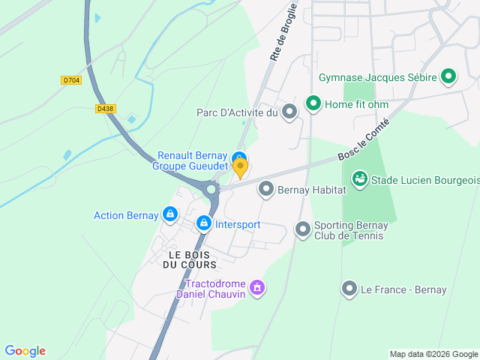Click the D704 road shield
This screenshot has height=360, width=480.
click(x=71, y=79)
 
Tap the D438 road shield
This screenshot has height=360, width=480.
click(x=106, y=109)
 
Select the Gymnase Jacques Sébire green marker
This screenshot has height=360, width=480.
click(x=448, y=76)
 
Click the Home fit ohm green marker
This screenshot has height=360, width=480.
click(x=313, y=103)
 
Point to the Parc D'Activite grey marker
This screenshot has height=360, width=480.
click(x=289, y=112)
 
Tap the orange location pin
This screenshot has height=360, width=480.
click(x=240, y=168)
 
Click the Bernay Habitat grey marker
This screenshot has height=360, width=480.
click(x=265, y=190)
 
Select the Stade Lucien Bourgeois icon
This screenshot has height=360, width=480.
click(x=360, y=179)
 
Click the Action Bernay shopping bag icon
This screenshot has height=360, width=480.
click(x=171, y=215)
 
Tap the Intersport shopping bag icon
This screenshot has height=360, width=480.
click(x=204, y=223)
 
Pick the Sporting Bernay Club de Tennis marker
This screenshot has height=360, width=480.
click(x=302, y=229)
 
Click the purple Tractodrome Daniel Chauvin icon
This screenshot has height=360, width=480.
click(x=258, y=287)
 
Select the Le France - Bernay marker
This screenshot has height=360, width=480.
click(x=349, y=289)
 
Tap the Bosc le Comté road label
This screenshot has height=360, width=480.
click(x=364, y=139)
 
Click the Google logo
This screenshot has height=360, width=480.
click(x=25, y=351)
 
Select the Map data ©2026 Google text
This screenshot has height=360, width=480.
click(x=433, y=354)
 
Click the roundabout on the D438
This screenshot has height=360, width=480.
click(x=211, y=189)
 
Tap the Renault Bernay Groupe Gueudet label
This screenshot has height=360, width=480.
click(x=191, y=161)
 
